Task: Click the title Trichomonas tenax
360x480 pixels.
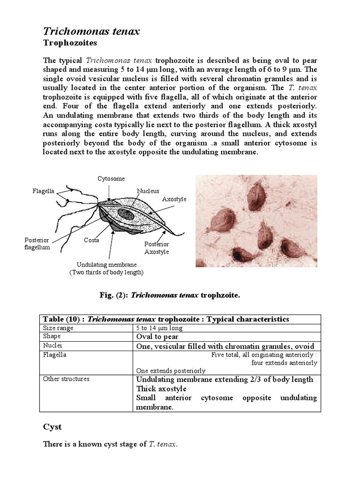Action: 91,31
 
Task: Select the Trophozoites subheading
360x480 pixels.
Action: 70,43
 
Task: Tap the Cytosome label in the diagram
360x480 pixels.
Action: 111,179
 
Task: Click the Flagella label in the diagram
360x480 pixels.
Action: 44,191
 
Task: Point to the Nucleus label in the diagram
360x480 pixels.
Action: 148,191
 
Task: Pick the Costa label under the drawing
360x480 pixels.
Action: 91,240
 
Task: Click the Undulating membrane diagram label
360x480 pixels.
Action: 106,264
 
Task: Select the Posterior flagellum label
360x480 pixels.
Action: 37,244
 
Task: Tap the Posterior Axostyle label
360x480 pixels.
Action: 157,248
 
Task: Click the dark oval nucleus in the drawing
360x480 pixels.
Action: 125,214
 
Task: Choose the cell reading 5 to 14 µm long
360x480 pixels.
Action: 159,328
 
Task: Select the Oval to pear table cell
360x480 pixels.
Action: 157,337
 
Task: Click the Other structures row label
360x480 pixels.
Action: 66,379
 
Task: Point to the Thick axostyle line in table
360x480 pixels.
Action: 161,389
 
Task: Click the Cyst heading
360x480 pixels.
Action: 52,427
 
